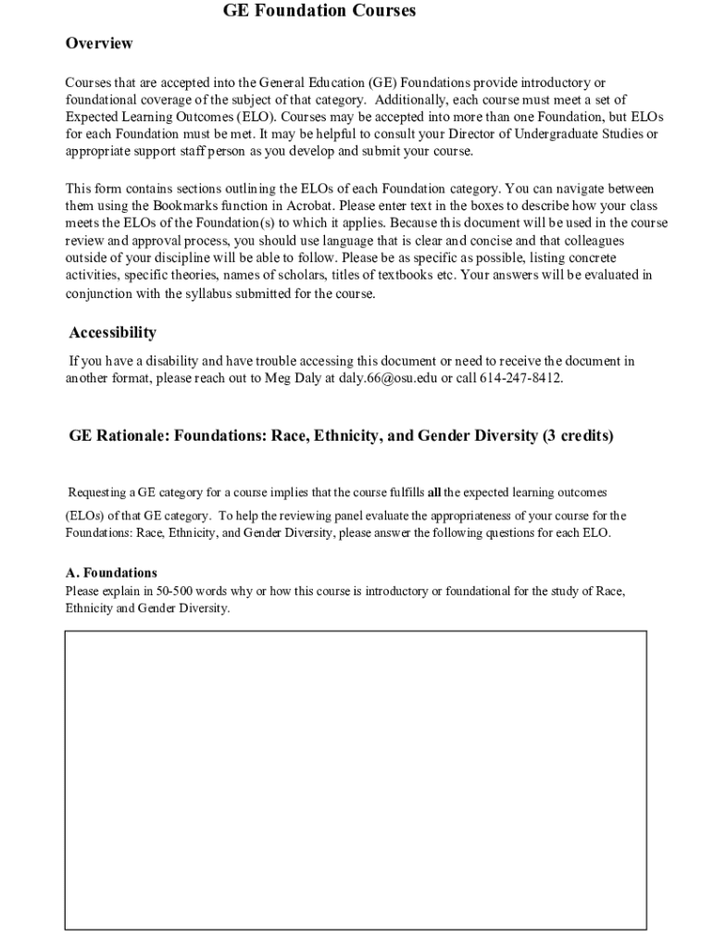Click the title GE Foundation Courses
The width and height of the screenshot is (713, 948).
coord(319,11)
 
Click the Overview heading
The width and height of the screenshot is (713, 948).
coord(99,44)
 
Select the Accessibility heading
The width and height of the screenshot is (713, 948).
coord(113,332)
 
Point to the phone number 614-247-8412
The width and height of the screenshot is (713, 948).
coord(520,379)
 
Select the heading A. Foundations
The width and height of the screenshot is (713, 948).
coord(111,573)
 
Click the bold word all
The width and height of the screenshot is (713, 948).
coord(433,492)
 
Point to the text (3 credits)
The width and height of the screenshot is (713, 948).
coord(579,435)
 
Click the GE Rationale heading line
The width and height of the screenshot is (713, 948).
coord(341,435)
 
